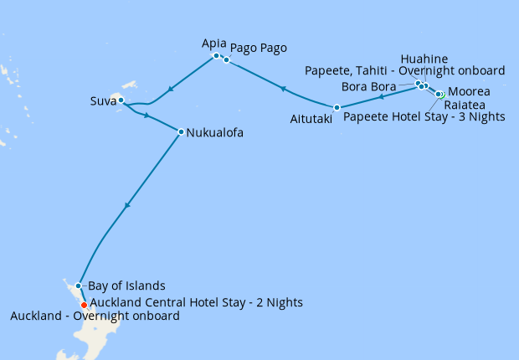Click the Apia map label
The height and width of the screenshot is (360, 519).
[214, 43]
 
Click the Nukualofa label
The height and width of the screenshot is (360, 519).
[215, 131]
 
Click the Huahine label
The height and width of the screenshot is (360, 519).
[424, 59]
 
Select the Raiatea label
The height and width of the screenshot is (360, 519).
[470, 105]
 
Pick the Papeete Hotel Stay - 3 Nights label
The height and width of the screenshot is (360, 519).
[424, 117]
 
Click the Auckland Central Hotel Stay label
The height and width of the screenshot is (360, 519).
[196, 301]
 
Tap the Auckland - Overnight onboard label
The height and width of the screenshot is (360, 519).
[95, 316]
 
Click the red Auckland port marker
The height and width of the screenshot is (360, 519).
[84, 305]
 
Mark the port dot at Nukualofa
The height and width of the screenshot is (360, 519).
[181, 131]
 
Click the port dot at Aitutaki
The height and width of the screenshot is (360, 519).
[337, 107]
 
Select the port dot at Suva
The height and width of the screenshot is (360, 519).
[121, 100]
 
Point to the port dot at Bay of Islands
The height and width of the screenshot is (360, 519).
[78, 285]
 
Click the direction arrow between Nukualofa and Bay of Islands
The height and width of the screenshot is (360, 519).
[127, 205]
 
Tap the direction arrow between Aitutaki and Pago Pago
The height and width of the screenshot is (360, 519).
[283, 88]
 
